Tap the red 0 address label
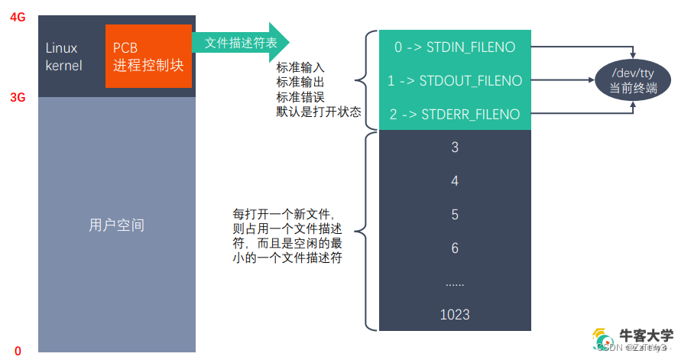(x=18, y=350)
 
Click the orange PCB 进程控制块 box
(x=148, y=56)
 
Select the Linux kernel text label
(x=63, y=57)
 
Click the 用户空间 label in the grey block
(x=117, y=225)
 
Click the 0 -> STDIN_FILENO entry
(x=454, y=47)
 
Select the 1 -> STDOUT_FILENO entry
(x=454, y=80)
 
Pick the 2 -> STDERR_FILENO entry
(x=454, y=115)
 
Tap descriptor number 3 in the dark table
(x=455, y=148)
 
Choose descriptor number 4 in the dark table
(x=455, y=181)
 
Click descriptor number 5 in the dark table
(x=455, y=215)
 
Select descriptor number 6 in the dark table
(x=455, y=248)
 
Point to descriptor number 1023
(x=455, y=314)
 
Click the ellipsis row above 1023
(x=455, y=282)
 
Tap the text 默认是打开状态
(x=318, y=112)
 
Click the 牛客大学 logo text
(x=646, y=336)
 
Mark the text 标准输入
(x=300, y=66)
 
